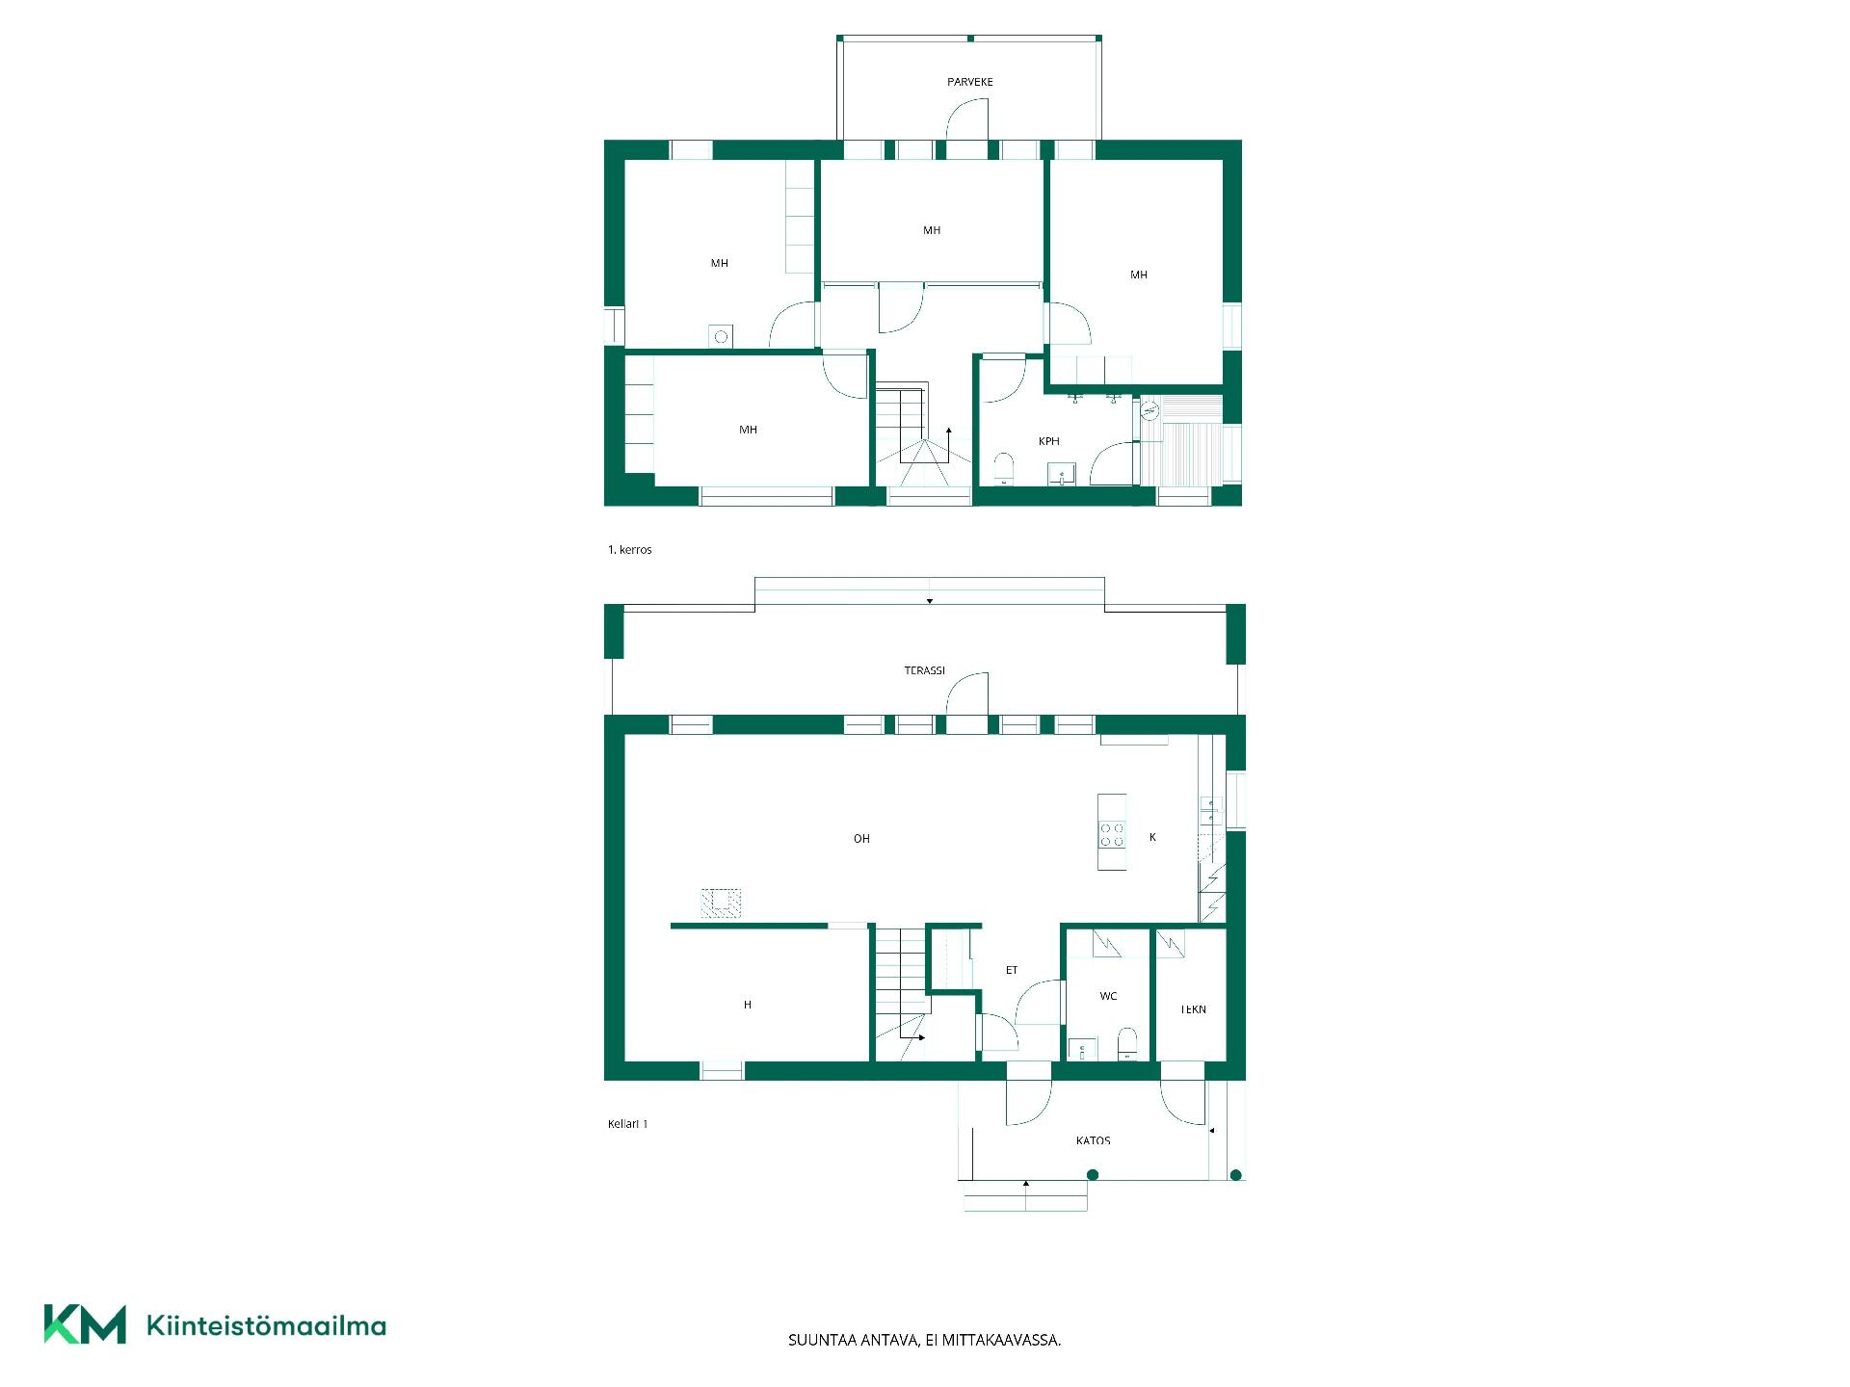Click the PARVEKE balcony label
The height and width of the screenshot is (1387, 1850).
click(969, 82)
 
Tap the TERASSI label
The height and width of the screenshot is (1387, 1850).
click(924, 670)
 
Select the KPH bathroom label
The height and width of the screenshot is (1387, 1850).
click(1048, 441)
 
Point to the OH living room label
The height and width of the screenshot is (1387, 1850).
click(861, 839)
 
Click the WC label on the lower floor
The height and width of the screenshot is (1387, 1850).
click(1108, 996)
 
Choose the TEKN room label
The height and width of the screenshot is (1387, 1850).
click(1193, 1009)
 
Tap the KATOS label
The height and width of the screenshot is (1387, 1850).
click(1093, 1140)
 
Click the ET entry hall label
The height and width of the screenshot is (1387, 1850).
click(1012, 970)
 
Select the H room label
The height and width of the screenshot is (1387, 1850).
click(747, 1005)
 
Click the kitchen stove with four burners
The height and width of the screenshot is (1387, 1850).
click(1112, 834)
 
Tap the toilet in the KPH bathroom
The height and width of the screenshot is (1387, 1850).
click(1004, 467)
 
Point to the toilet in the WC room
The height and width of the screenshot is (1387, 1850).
click(1126, 1043)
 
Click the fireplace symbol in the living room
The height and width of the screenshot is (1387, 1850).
click(721, 902)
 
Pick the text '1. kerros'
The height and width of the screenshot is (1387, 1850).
click(629, 550)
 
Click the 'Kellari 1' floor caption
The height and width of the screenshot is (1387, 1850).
click(627, 1124)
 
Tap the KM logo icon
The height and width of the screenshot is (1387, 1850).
click(85, 1324)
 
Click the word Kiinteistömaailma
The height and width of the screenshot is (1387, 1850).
click(266, 1325)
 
